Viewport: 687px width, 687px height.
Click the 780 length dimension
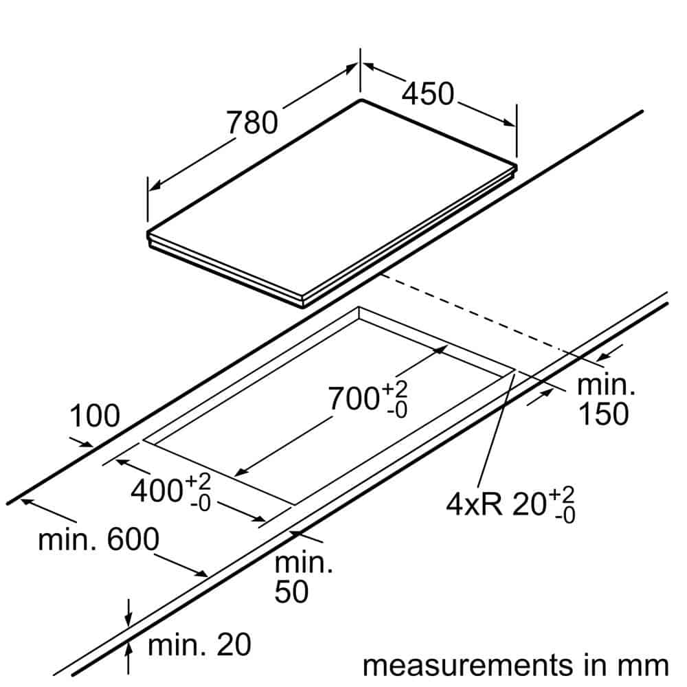[x=252, y=122]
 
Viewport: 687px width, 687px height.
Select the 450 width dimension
[x=427, y=94]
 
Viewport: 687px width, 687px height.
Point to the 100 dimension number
[x=95, y=416]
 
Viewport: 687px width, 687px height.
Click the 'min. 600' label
[x=98, y=540]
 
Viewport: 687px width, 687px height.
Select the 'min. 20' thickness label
[x=199, y=645]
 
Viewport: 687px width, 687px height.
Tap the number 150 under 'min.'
[x=602, y=414]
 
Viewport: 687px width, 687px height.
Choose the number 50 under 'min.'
[x=291, y=592]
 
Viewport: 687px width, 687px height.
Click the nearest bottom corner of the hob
[x=303, y=305]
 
